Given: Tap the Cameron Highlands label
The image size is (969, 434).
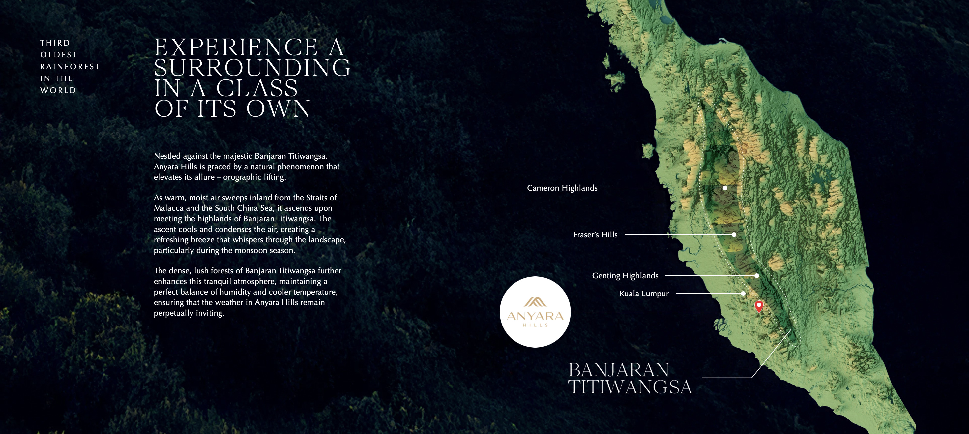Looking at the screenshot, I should tap(562, 188).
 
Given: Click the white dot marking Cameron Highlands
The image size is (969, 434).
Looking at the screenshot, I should tap(725, 188).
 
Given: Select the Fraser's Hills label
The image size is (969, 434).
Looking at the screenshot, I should tap(595, 235).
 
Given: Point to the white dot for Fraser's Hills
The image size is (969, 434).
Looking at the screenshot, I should tap(734, 235).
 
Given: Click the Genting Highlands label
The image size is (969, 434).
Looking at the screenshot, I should tap(625, 275).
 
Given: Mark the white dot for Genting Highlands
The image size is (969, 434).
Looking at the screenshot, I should tap(756, 275).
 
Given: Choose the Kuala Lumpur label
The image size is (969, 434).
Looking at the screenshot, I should tap(644, 294).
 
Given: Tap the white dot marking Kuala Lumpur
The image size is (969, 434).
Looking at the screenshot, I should tap(743, 294).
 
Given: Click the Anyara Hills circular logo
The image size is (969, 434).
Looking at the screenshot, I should tap(535, 312).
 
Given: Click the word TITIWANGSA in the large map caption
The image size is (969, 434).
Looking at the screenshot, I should tap(630, 387).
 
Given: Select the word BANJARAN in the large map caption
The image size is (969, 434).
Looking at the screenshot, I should tap(619, 370).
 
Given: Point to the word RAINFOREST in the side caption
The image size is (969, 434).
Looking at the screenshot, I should tap(70, 67).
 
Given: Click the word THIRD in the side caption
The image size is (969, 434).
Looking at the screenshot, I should tap(55, 43).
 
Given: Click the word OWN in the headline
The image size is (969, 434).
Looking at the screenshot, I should tap(279, 109).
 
